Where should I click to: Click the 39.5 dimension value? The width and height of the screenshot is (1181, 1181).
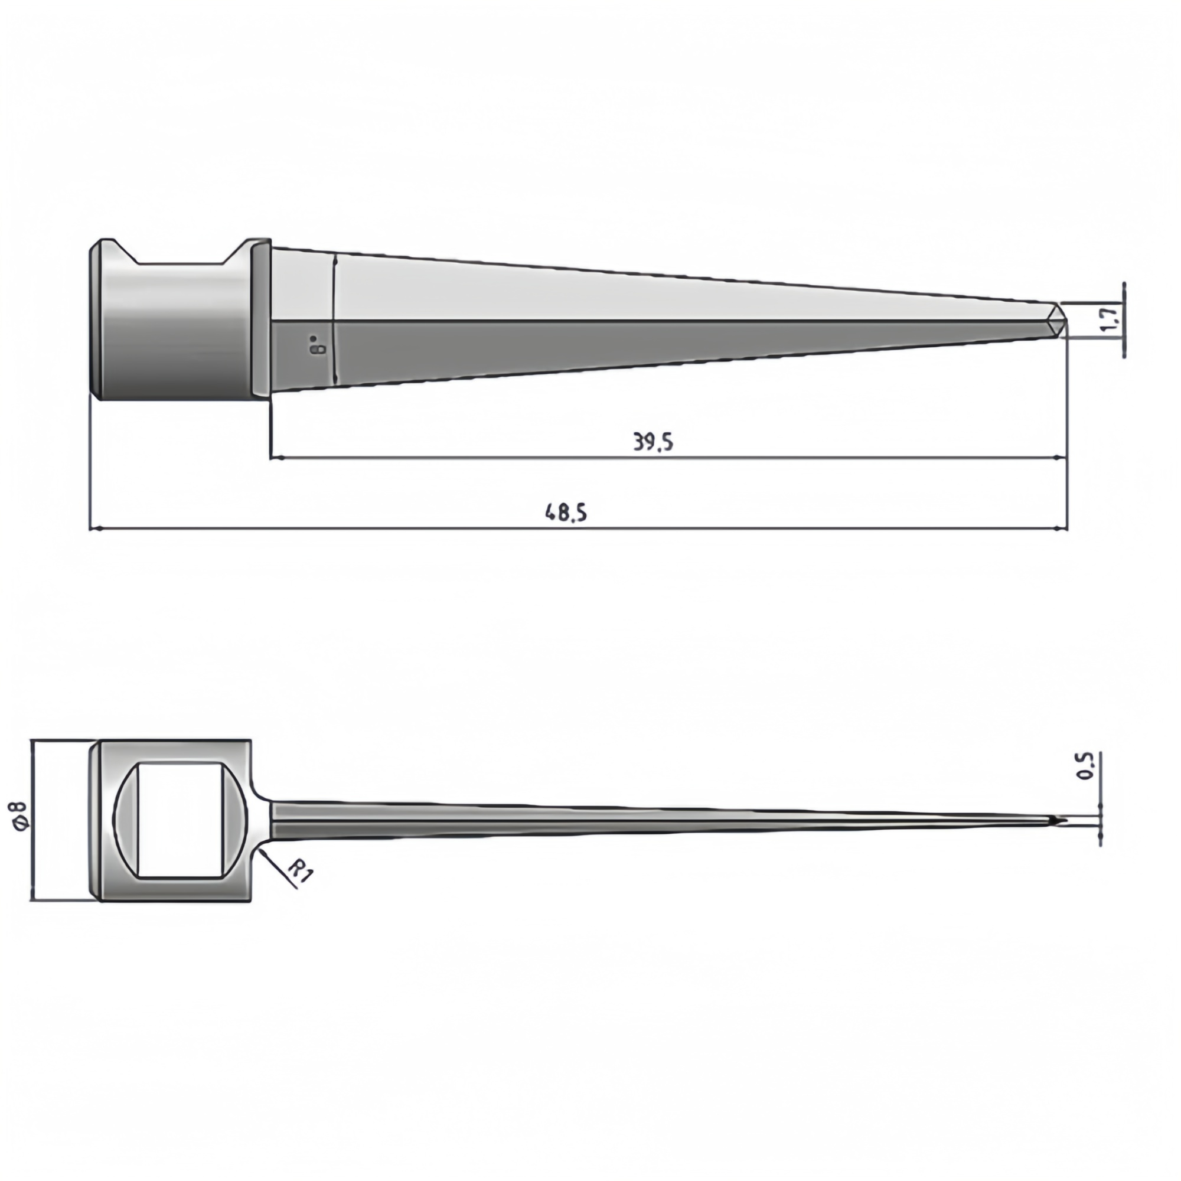[653, 442]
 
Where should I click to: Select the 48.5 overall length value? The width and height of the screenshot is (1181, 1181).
[566, 511]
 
